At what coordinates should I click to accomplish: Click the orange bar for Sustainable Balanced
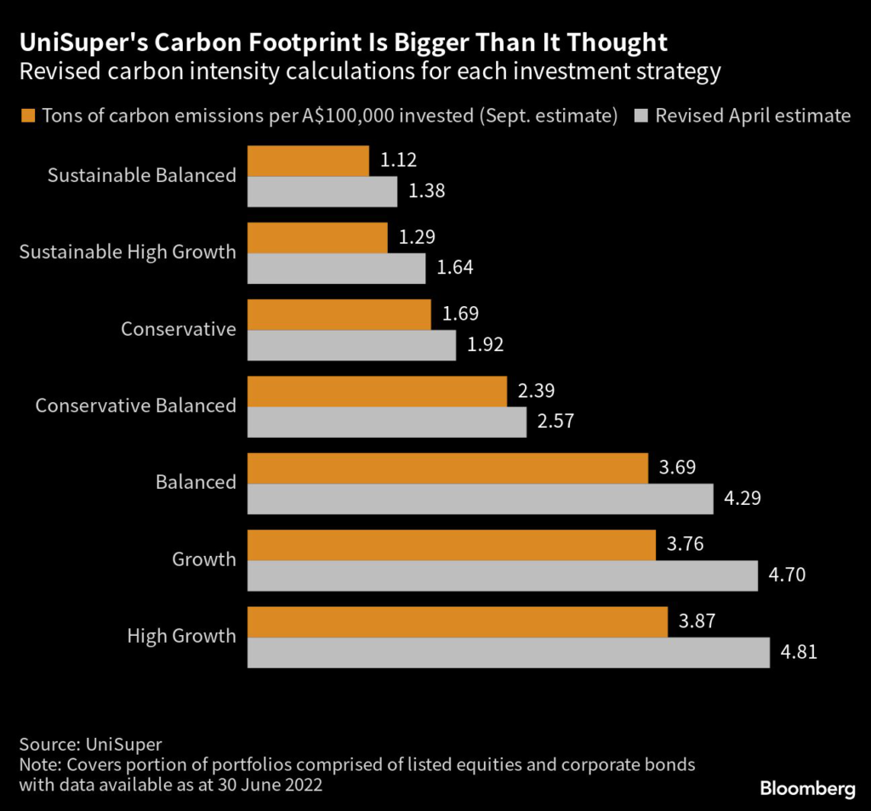[308, 161]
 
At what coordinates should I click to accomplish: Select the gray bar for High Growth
[508, 653]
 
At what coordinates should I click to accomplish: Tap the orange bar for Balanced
[447, 468]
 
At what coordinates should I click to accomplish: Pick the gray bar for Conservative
[351, 345]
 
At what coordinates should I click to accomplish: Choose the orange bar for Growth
[451, 544]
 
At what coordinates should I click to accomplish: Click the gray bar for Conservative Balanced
[386, 422]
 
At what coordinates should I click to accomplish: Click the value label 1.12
[398, 160]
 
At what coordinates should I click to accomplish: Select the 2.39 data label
[536, 390]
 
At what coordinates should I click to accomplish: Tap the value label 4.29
[743, 498]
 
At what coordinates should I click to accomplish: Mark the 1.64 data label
[454, 268]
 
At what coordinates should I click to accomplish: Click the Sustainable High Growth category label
[128, 252]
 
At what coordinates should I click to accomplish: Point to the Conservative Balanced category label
[135, 405]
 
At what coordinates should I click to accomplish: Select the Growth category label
[204, 559]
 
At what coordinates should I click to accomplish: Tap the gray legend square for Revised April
[643, 116]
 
